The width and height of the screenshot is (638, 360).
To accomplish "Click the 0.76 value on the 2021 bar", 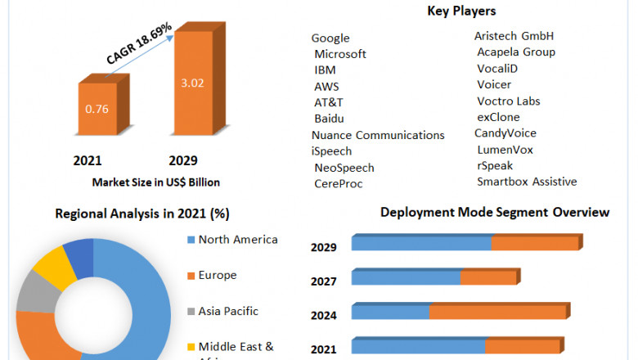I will (x=97, y=107).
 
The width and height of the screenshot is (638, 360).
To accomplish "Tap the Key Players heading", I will (x=461, y=11).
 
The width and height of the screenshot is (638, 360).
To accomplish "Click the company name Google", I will (x=330, y=38).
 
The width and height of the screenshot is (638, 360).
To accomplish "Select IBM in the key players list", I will (x=325, y=70).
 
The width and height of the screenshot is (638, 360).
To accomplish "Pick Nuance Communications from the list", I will (x=378, y=135).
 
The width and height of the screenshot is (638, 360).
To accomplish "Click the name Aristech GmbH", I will (x=514, y=36).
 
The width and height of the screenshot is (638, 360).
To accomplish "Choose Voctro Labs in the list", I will (x=509, y=101).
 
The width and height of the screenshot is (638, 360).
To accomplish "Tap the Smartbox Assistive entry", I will (x=527, y=182).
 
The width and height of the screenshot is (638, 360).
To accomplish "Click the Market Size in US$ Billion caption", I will (x=155, y=182).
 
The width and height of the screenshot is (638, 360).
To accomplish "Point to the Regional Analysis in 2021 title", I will (x=142, y=214).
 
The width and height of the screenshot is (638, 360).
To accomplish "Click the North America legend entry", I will (x=237, y=240).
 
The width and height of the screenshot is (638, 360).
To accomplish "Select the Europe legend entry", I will (x=217, y=276).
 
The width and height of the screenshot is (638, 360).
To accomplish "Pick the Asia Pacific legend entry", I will (x=228, y=311).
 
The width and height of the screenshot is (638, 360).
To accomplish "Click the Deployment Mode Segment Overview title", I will (x=495, y=213).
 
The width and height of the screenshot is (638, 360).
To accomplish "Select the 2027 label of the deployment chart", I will (x=324, y=281).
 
